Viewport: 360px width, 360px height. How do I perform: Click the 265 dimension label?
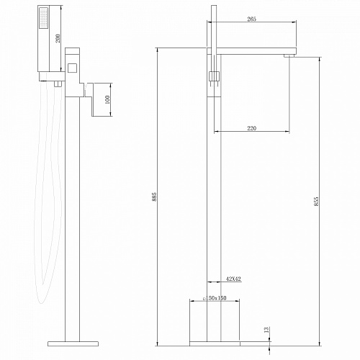251,19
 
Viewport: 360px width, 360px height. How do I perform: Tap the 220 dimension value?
251,128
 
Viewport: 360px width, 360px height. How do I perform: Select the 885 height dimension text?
155,197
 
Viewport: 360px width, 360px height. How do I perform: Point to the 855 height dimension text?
316,202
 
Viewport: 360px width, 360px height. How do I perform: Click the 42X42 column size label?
233,279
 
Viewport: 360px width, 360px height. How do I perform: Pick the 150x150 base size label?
215,298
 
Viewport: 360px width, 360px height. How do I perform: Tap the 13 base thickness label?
267,330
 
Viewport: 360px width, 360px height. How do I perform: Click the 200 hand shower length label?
58,38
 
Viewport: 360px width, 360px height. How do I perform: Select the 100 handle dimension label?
107,99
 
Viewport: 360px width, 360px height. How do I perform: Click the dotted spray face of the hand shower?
43,18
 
